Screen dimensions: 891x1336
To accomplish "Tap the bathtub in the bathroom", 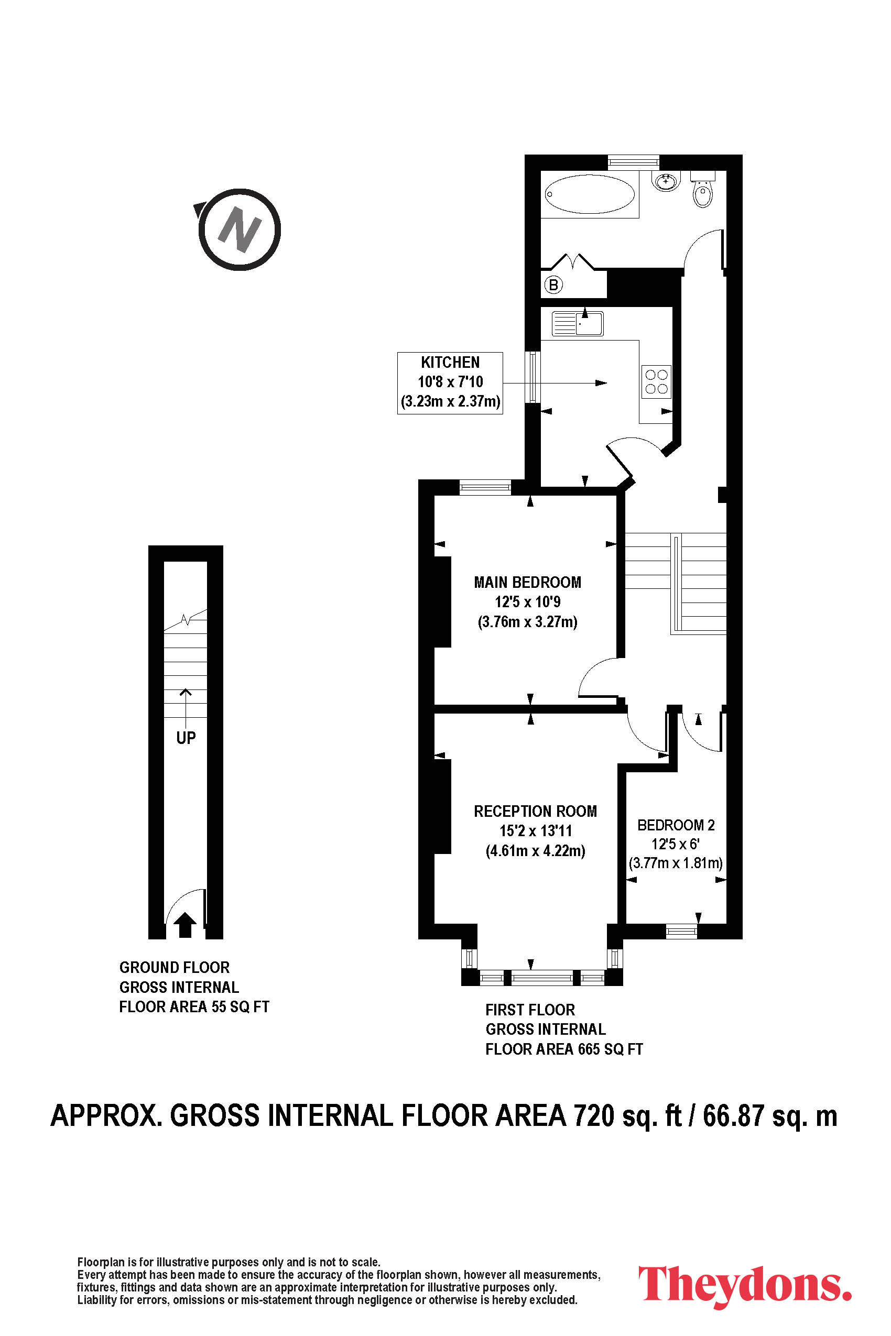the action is (589, 194).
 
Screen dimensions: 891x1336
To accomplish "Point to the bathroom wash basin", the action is (666, 181).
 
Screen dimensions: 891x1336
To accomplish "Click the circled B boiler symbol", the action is (553, 284).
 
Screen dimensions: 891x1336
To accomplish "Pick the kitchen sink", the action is (578, 324).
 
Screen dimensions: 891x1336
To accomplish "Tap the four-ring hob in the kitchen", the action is (656, 382).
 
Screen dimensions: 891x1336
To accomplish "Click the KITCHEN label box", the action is (450, 383).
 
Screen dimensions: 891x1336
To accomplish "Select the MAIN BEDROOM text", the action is (528, 582).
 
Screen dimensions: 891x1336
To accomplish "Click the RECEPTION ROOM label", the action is (535, 811).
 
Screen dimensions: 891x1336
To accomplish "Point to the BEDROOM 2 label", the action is (676, 825).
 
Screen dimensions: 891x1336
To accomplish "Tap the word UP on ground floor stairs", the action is (186, 738).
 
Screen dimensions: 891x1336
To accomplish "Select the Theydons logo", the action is (745, 1286).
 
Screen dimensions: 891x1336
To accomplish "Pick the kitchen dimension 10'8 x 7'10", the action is (451, 382).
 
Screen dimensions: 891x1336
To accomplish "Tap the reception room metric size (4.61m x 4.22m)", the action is (535, 851).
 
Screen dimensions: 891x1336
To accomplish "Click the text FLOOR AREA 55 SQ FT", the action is (194, 1007).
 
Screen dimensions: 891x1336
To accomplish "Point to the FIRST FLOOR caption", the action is (530, 1010).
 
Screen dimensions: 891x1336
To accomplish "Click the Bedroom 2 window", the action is (681, 931).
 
